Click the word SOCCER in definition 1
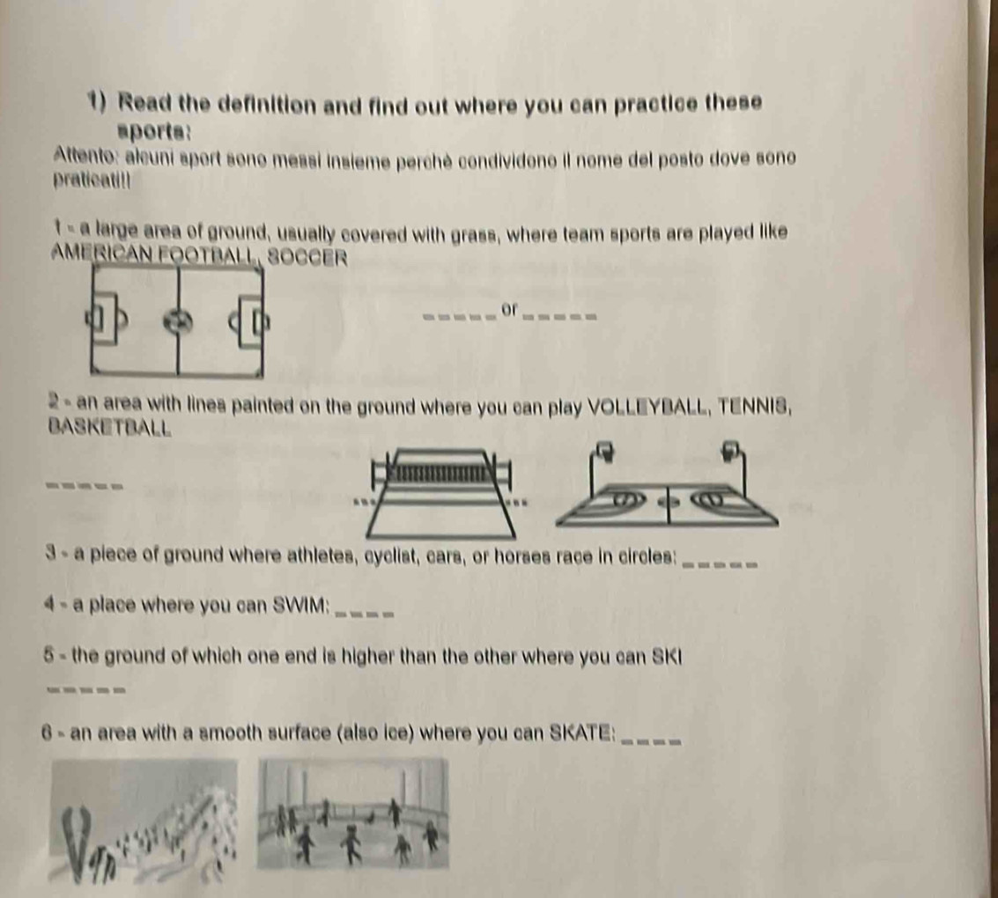click(x=308, y=258)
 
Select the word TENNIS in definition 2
click(x=754, y=405)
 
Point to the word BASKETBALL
click(x=110, y=427)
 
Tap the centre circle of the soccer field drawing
click(x=178, y=321)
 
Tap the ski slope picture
click(x=144, y=821)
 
